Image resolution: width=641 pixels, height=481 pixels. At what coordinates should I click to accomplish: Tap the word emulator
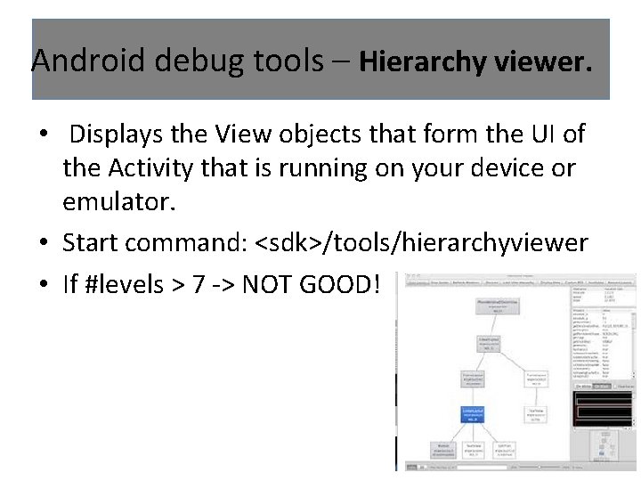click(x=118, y=201)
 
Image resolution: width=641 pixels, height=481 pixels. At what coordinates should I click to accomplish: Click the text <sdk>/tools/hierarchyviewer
click(x=421, y=242)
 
